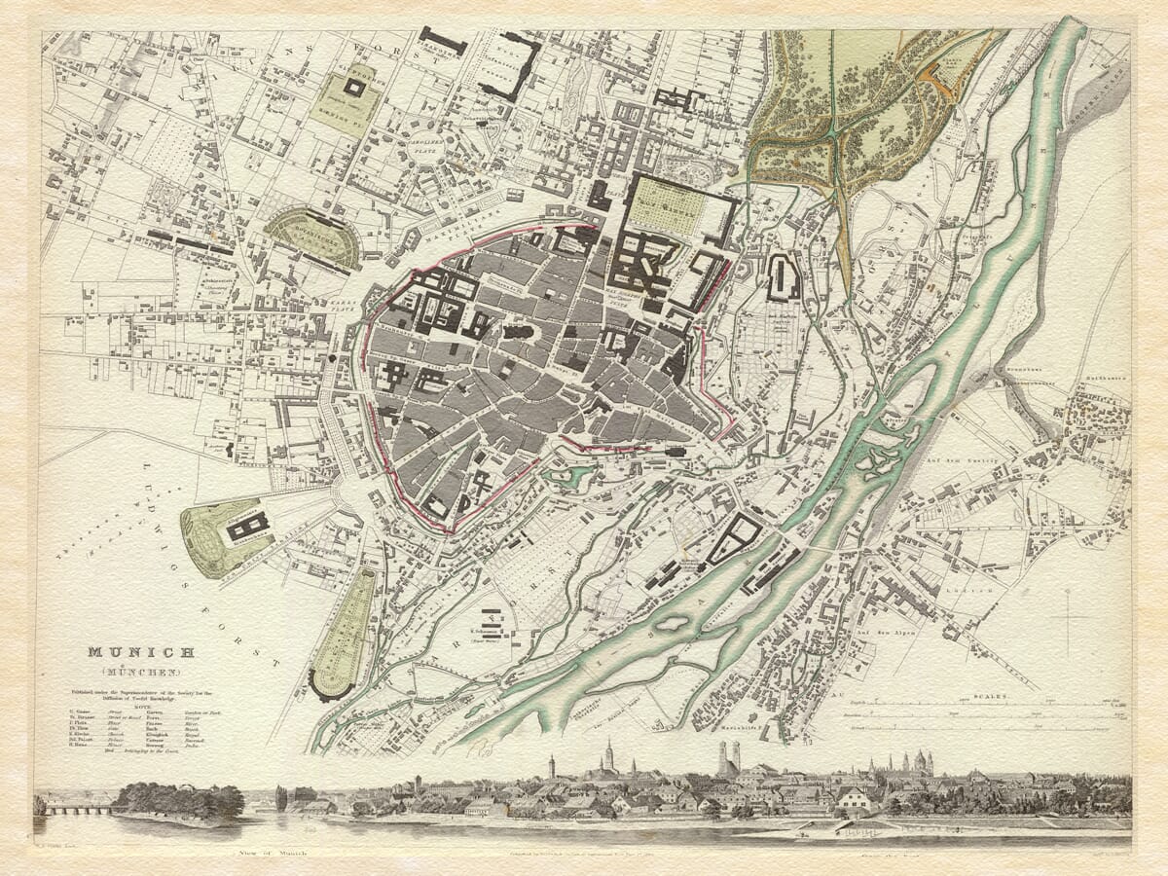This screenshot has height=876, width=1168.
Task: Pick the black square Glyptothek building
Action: (x=354, y=88)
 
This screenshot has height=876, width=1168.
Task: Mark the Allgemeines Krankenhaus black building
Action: (x=248, y=527)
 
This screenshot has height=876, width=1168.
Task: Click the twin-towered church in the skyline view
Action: (x=728, y=760)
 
